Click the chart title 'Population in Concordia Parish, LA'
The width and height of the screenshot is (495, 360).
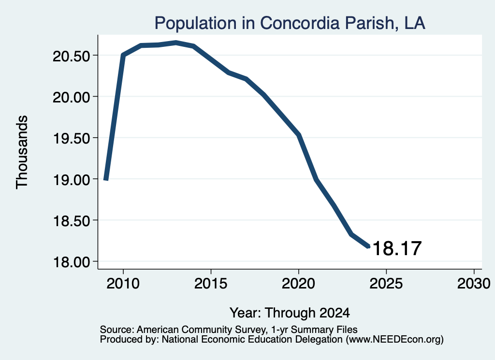290,23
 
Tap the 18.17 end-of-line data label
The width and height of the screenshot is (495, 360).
397,248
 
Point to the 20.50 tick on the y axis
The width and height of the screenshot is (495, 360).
72,56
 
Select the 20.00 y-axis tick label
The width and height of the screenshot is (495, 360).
72,97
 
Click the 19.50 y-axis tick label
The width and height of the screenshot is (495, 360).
72,138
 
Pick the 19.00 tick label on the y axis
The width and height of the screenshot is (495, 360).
72,180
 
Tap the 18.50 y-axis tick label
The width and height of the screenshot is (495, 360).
72,221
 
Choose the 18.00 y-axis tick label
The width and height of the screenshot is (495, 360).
72,262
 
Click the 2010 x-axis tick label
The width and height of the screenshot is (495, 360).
123,283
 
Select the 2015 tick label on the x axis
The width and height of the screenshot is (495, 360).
211,283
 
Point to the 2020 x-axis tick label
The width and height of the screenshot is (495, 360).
298,283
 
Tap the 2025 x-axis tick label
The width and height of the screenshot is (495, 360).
386,283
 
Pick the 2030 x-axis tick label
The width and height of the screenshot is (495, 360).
474,283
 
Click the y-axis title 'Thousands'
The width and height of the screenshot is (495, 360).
22,152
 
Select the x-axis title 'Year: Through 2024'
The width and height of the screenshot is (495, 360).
290,313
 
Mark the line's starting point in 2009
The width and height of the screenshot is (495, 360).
106,180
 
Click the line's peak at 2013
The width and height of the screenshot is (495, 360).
176,43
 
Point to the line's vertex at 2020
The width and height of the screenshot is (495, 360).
299,135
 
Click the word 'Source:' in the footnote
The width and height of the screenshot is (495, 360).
117,330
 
